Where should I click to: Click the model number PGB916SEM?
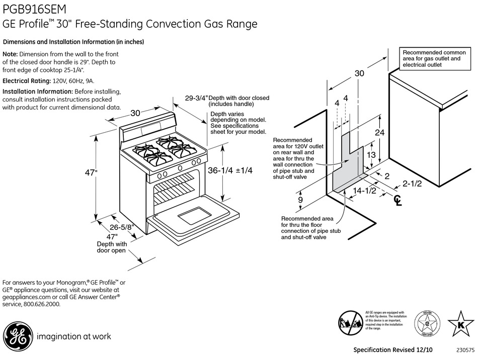[34, 9]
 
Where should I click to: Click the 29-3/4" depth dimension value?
[196, 99]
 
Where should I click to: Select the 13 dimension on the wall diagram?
[371, 155]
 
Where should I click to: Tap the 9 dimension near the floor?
[301, 200]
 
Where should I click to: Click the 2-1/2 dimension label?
[411, 184]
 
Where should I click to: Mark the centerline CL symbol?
[398, 201]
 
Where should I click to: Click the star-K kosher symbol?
[459, 323]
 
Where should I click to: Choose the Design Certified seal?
[426, 323]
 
